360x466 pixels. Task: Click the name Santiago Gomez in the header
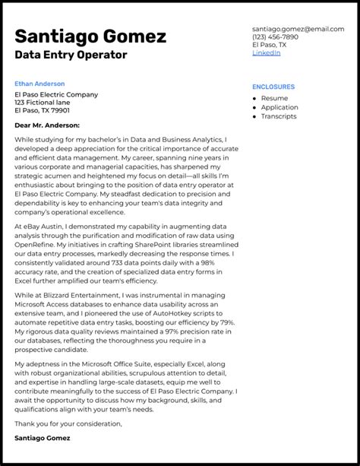[x=90, y=36]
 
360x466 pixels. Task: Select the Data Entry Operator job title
[x=71, y=55]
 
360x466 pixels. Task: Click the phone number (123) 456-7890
[x=275, y=36]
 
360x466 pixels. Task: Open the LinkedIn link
[x=266, y=53]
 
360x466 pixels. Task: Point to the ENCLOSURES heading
[x=273, y=87]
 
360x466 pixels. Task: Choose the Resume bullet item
[x=274, y=98]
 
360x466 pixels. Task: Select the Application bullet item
[x=279, y=107]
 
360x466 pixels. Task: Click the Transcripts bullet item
[x=279, y=116]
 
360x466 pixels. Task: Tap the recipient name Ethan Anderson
[x=39, y=84]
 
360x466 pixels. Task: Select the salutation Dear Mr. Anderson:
[x=46, y=125]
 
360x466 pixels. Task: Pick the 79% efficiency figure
[x=224, y=323]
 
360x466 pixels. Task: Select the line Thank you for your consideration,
[x=68, y=423]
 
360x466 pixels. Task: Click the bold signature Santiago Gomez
[x=42, y=439]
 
